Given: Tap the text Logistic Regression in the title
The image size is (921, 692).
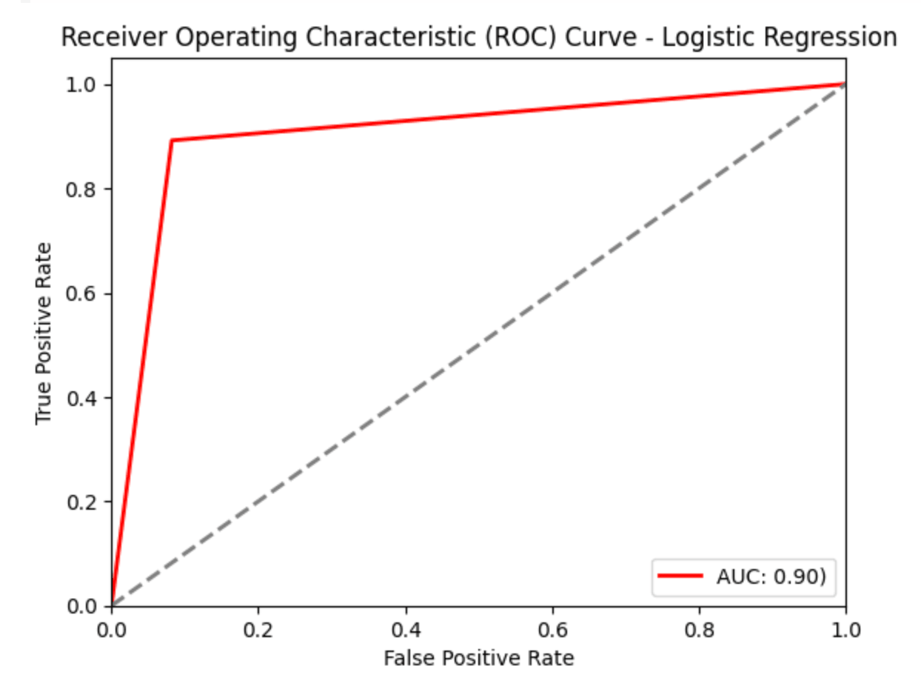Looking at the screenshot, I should (780, 37).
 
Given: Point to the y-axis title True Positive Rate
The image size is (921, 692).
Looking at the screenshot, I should (44, 333).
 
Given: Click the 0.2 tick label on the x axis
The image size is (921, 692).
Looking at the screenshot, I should (258, 631).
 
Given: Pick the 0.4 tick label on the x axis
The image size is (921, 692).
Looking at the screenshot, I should (406, 631).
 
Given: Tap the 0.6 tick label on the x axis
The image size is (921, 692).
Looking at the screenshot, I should (552, 631).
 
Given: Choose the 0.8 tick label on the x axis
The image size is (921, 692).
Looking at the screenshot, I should (700, 631).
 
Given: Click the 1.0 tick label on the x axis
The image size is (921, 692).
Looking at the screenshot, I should (845, 631).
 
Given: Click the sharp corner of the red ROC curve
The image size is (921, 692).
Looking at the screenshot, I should (172, 140).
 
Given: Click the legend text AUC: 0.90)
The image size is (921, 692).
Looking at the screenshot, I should (771, 578).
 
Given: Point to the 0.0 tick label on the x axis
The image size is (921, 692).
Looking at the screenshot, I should (112, 631).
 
